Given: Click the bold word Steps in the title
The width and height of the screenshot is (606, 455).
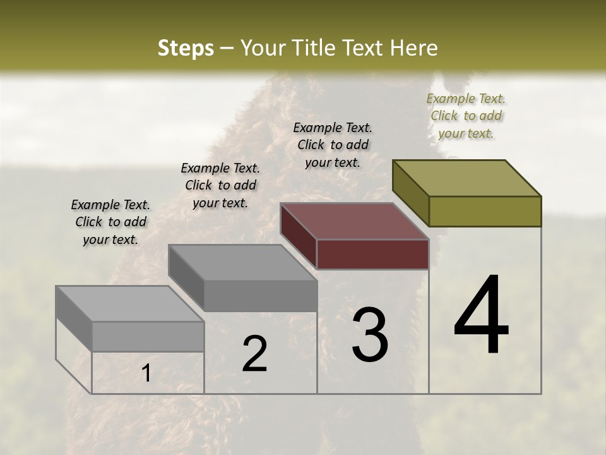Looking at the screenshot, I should click(x=186, y=48).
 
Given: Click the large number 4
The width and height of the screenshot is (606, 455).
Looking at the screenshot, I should click(x=481, y=316).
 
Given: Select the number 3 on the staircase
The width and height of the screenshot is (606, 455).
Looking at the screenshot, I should click(x=370, y=335).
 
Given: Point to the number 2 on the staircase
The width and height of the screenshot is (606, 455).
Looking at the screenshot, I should click(x=254, y=354).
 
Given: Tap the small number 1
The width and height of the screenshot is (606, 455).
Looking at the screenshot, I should click(x=146, y=373).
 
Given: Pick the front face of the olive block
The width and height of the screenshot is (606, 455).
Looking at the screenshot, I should click(x=485, y=211).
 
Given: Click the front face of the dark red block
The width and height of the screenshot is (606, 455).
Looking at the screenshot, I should click(x=372, y=255).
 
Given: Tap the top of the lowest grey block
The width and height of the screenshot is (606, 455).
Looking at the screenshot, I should click(x=129, y=304).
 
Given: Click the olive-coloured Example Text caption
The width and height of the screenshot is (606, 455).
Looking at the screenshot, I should click(x=466, y=116).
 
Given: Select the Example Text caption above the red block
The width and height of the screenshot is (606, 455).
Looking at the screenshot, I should click(x=333, y=145).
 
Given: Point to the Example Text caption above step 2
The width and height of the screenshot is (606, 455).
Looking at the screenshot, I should click(x=220, y=185).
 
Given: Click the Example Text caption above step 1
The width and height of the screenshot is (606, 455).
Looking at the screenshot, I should click(x=110, y=222).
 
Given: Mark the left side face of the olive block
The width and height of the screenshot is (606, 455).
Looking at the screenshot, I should click(x=410, y=191).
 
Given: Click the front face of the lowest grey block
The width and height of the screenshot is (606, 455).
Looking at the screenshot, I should click(x=148, y=336).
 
